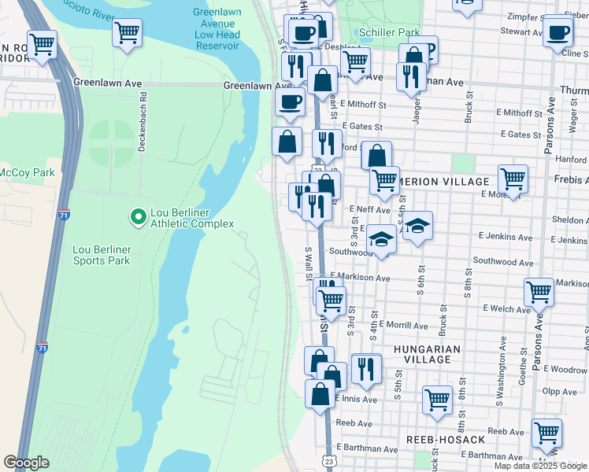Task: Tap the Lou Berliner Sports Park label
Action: click(101, 255)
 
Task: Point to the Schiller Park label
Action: click(387, 32)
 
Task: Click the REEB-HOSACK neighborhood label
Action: click(446, 439)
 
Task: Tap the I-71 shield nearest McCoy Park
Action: click(64, 214)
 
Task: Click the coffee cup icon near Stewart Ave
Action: click(558, 33)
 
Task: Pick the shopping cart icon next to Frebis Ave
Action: click(513, 178)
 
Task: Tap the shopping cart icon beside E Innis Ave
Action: click(437, 399)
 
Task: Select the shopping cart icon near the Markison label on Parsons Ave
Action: click(539, 292)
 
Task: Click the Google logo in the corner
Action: click(26, 463)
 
